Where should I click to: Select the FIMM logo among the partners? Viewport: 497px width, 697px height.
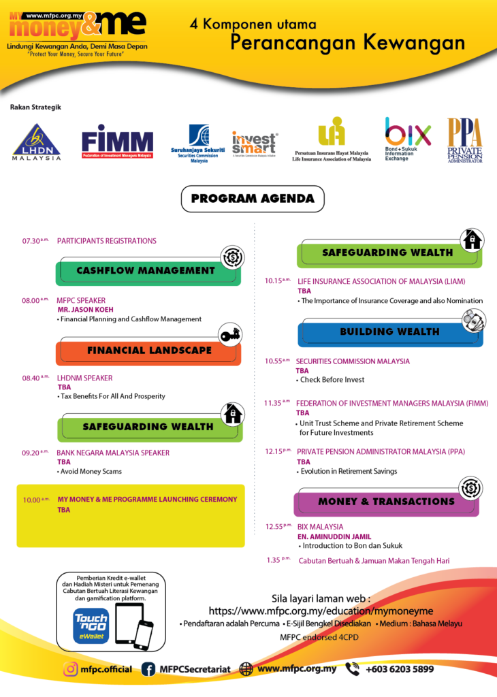pyautogui.click(x=117, y=141)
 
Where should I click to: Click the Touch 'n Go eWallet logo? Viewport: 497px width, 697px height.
pyautogui.click(x=91, y=624)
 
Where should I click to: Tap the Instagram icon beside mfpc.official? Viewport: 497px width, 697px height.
pyautogui.click(x=70, y=669)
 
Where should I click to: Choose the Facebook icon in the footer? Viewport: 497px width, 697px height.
pyautogui.click(x=148, y=669)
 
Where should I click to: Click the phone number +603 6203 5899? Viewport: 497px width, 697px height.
pyautogui.click(x=399, y=669)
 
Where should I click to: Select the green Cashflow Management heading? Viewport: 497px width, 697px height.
pyautogui.click(x=146, y=271)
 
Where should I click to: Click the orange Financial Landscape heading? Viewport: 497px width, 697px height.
pyautogui.click(x=149, y=351)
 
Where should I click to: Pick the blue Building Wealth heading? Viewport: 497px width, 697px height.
pyautogui.click(x=389, y=332)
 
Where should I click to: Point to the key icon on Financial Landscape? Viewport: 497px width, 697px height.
pyautogui.click(x=230, y=335)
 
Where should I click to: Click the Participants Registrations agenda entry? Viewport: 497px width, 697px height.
pyautogui.click(x=107, y=241)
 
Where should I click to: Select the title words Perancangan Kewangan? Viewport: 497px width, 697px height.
pyautogui.click(x=347, y=42)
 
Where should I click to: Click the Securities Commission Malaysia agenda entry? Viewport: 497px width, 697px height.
pyautogui.click(x=353, y=361)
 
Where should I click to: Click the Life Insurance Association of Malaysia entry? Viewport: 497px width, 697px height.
pyautogui.click(x=381, y=281)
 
